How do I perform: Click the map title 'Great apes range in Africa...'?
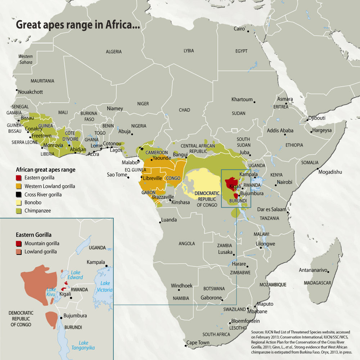pos(77,26)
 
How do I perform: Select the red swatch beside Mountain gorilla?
pos(19,244)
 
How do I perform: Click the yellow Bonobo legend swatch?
pos(19,203)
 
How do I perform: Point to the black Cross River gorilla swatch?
pos(19,194)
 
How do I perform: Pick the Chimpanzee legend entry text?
pos(38,211)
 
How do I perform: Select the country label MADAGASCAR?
pos(317,283)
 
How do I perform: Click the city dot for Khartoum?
pos(255,102)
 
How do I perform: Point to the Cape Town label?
pos(198,343)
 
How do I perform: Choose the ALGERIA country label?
pos(114,52)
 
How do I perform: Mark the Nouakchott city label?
pos(31,92)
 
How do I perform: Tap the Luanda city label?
pos(169,220)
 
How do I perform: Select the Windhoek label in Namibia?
pos(181,286)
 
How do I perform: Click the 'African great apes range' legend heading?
pos(46,170)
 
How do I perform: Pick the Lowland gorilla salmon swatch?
pos(19,252)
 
